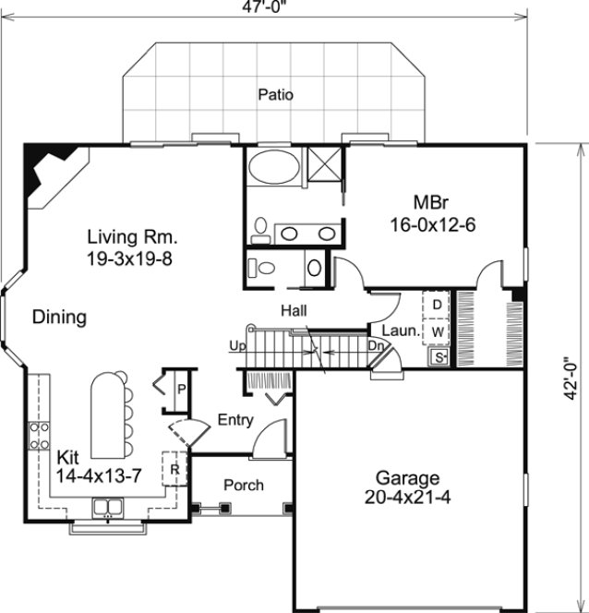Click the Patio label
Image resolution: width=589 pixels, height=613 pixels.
pos(276,93)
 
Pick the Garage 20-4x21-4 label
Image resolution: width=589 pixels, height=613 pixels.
pos(406,487)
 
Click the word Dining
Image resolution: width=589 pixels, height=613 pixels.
pos(59,318)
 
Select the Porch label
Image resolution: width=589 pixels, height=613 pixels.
pos(244,485)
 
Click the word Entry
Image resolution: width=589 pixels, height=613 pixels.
pos(235,420)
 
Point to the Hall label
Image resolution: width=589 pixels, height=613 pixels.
pos(295,311)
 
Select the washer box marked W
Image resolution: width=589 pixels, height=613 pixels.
pos(438,330)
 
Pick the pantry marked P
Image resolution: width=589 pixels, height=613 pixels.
pos(181,388)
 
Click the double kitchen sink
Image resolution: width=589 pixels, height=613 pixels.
pos(108,506)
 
